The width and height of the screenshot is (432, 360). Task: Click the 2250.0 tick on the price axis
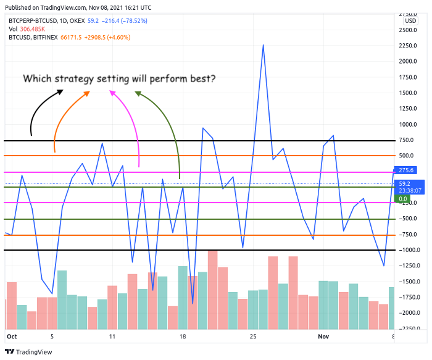(408, 45)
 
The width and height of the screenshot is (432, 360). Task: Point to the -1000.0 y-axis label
(408, 250)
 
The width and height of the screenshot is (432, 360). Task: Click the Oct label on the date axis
(11, 337)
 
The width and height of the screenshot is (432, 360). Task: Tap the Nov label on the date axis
(325, 337)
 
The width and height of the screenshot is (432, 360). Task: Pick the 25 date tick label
(253, 337)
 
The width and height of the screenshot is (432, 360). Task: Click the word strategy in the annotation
(81, 79)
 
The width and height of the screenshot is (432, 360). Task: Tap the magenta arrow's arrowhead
(112, 92)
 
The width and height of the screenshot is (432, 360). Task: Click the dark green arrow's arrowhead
(138, 93)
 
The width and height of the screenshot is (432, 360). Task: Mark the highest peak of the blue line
(264, 45)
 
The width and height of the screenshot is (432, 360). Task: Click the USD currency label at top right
(409, 20)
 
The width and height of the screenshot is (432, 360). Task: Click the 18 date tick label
(183, 337)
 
